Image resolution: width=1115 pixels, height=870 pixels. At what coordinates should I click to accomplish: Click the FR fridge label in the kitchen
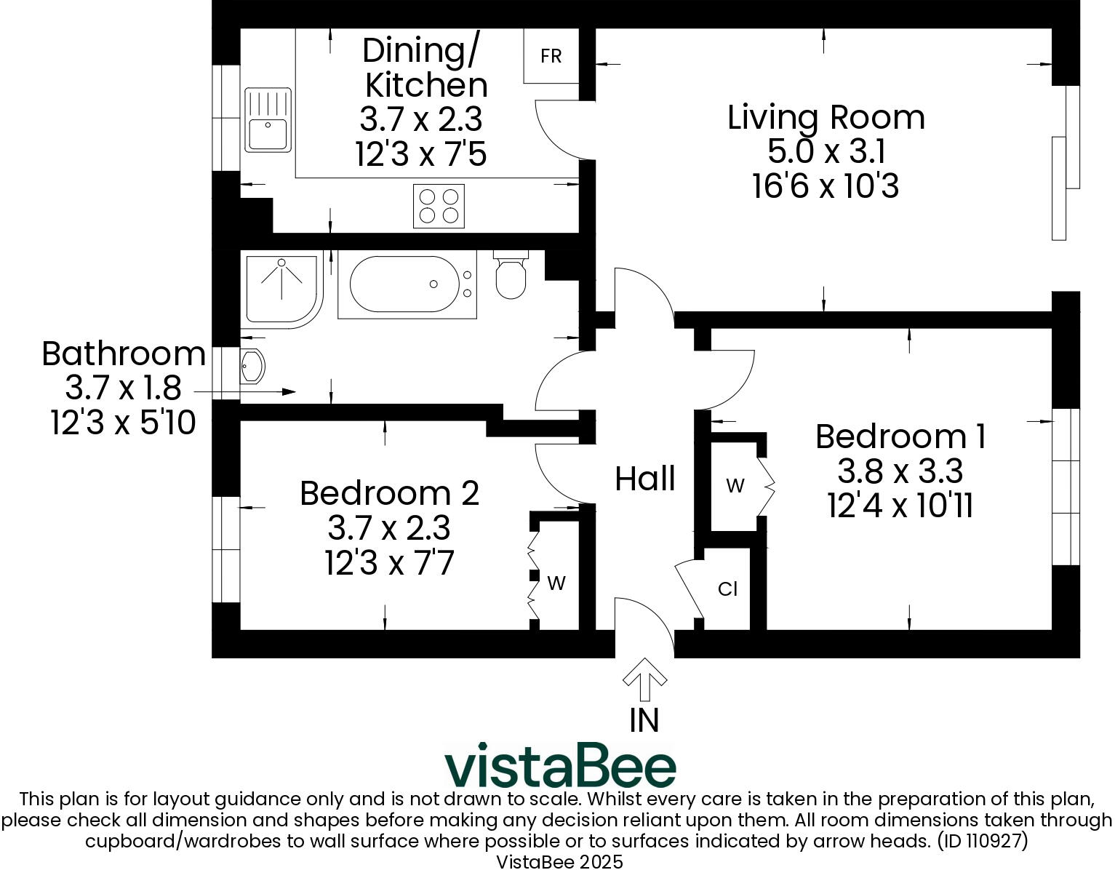pos(551,56)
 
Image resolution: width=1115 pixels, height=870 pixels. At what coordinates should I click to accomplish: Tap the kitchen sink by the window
pos(268,120)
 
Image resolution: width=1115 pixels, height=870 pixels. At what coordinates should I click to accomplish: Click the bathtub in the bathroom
pos(406,284)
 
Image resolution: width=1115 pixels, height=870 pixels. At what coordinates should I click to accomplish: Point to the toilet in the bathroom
pos(511,276)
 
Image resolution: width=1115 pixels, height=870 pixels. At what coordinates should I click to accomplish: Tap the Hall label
pos(645,479)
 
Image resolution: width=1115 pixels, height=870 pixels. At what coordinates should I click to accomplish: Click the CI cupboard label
pos(727,589)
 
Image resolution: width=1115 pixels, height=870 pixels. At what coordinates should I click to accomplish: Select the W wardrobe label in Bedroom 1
pos(735,485)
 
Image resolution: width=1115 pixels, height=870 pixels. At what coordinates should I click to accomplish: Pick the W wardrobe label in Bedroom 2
pos(556,583)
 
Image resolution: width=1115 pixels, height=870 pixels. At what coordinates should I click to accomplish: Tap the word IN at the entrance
pos(644,720)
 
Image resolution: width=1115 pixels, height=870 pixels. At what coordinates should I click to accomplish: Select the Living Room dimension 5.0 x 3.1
pos(826,152)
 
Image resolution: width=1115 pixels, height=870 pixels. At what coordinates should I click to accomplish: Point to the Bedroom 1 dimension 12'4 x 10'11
pos(900,506)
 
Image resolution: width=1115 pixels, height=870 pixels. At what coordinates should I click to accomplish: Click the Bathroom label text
pos(124,354)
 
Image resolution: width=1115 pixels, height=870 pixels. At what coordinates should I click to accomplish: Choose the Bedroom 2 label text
pos(389,492)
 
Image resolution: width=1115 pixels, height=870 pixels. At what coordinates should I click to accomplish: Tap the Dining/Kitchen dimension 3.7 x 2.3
pos(421,119)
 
